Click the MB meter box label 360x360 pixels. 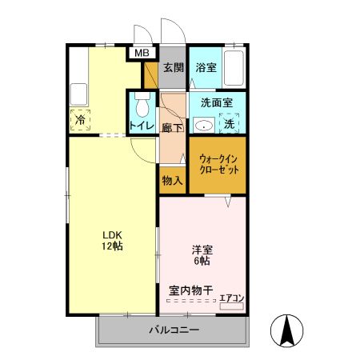(142, 54)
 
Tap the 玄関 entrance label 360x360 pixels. (174, 68)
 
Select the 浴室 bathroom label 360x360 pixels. (206, 68)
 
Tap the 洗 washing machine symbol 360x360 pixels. (230, 124)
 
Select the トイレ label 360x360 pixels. (142, 126)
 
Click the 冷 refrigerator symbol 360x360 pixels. (81, 119)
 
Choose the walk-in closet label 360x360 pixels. (218, 164)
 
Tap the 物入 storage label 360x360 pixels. (172, 180)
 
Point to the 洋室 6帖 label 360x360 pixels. (201, 254)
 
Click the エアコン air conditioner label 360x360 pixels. (232, 298)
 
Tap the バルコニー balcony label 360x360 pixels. (173, 330)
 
